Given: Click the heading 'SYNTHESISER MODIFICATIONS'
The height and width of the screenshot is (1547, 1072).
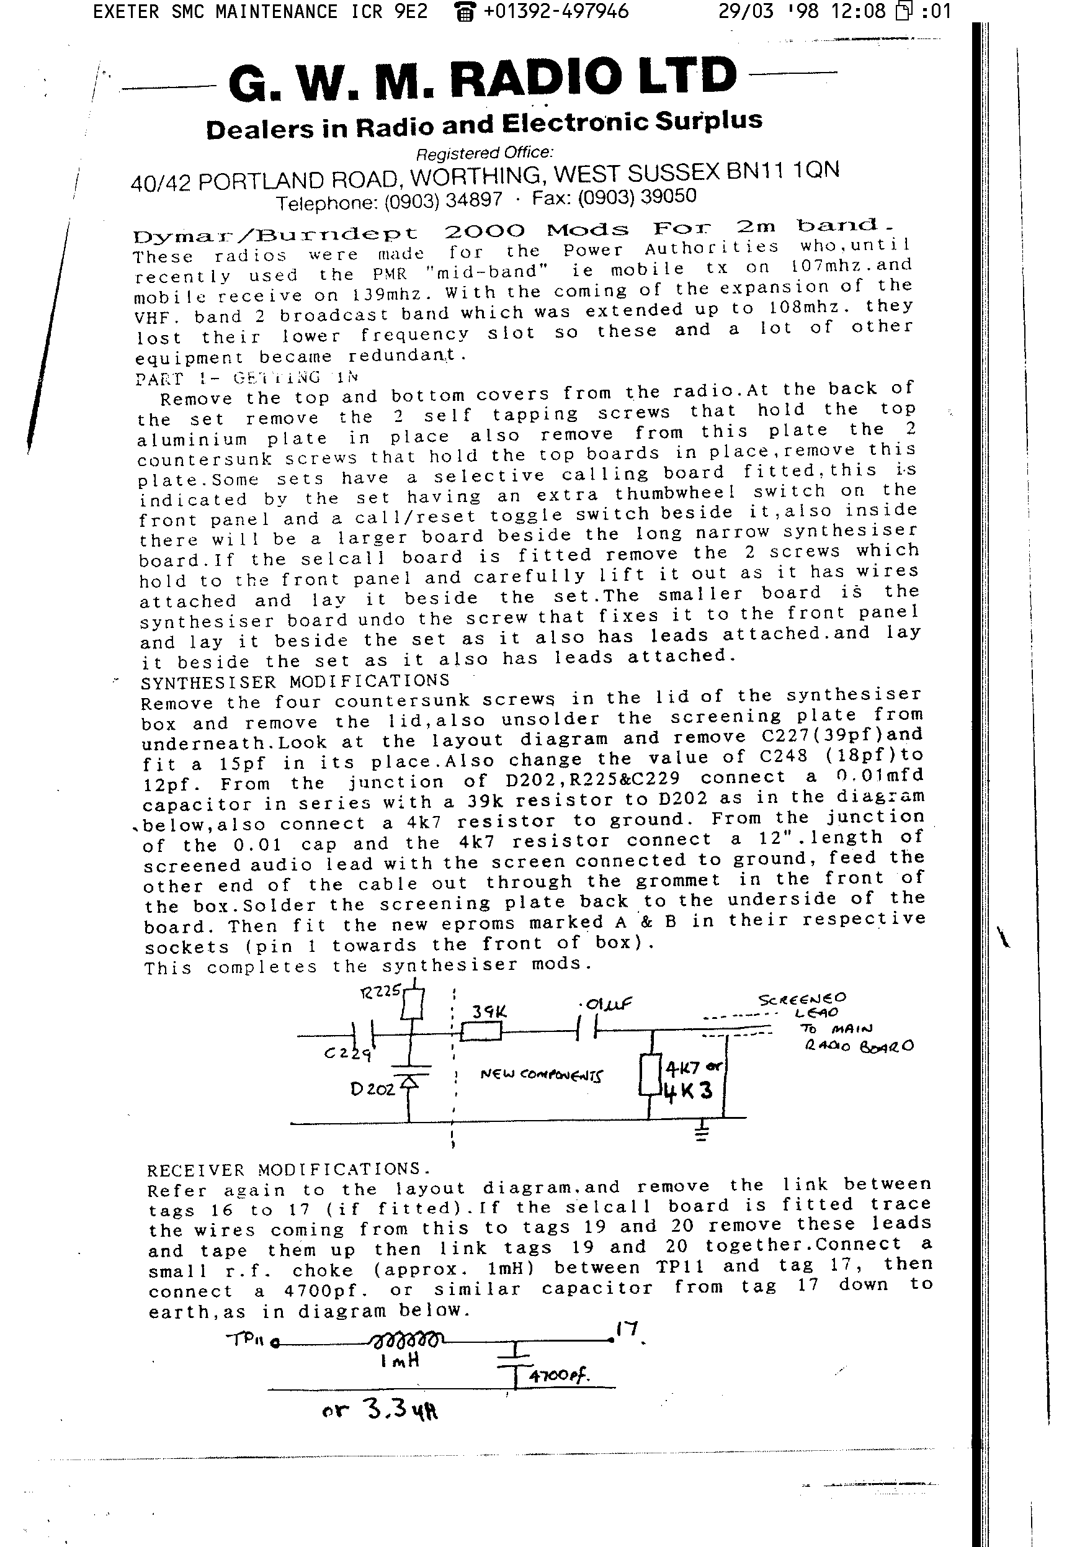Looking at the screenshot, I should tap(295, 681).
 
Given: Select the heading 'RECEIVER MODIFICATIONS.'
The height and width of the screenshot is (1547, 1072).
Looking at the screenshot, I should tap(289, 1169).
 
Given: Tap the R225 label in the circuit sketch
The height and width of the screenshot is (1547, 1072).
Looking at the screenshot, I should tap(380, 992).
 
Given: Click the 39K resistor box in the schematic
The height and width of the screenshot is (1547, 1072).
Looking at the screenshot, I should tap(481, 1031).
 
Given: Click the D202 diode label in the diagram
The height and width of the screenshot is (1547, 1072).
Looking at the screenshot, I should tap(373, 1088).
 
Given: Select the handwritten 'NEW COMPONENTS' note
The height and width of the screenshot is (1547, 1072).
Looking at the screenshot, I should tap(542, 1074).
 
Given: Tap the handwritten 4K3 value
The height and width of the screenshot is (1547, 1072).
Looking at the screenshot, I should tap(688, 1090).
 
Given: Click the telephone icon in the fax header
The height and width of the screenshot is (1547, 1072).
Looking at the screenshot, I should tap(464, 12).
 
